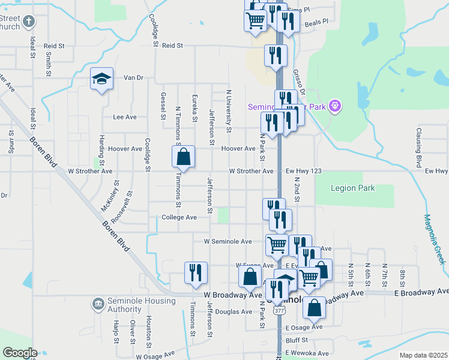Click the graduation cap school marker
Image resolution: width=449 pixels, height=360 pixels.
coord(102,79)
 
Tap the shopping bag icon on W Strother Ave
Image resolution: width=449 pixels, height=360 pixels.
coord(184,157)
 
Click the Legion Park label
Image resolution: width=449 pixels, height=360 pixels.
coord(353,188)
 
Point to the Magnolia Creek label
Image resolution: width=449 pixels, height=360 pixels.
coord(434,239)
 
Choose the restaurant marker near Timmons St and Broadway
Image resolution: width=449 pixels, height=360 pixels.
coord(196,272)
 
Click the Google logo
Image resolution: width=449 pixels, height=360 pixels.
coord(19,352)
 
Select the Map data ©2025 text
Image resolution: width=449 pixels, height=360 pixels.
coord(423,355)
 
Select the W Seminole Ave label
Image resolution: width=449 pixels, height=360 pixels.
coord(228,241)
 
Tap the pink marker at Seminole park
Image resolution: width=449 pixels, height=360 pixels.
coord(335,107)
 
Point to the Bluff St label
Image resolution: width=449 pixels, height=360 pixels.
coord(297,340)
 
